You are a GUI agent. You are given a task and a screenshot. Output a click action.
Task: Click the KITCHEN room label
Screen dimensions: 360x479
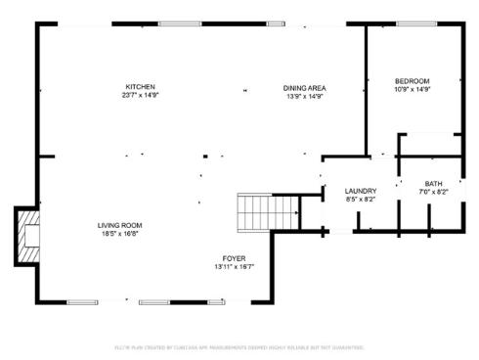click(x=139, y=87)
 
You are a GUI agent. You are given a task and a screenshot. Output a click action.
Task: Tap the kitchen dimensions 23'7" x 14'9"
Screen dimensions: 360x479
click(x=139, y=96)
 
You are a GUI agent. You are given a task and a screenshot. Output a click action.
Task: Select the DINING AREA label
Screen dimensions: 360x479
click(x=304, y=87)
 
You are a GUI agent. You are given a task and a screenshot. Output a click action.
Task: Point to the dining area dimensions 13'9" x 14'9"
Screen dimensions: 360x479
click(x=304, y=96)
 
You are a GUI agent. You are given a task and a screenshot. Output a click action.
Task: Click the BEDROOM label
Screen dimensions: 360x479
click(x=413, y=80)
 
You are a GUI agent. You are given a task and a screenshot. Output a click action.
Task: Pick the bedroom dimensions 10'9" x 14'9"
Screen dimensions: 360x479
click(x=413, y=89)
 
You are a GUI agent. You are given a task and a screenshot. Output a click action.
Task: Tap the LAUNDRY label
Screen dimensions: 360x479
click(x=361, y=191)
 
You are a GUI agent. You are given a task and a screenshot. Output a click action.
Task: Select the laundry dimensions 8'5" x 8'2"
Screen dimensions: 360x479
click(x=361, y=200)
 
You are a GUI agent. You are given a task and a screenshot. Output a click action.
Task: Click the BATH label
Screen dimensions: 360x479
click(x=432, y=184)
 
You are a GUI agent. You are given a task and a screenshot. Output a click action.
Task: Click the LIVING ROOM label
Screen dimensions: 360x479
click(x=119, y=226)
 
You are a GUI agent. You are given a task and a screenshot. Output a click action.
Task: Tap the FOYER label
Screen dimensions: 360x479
click(x=235, y=258)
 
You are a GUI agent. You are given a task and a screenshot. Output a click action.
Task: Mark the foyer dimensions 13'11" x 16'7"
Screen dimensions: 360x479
click(x=235, y=267)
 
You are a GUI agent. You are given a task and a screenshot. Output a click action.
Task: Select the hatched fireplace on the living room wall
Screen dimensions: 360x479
click(x=27, y=234)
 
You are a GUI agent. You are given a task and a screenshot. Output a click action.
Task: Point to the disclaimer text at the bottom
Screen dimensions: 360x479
click(x=239, y=347)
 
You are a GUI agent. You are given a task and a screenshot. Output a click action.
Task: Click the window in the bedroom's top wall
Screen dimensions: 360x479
click(x=415, y=23)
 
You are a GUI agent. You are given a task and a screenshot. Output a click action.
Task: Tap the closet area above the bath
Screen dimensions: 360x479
click(x=430, y=144)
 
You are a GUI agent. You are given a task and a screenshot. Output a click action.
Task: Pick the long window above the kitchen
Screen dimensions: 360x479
click(x=188, y=23)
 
